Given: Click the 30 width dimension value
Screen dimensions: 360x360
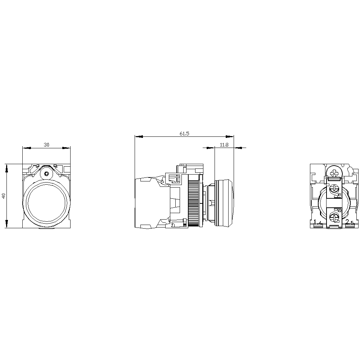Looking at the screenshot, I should (46, 145).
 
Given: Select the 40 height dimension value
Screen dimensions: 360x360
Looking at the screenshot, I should (4, 196).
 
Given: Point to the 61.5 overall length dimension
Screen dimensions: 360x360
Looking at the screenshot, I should (184, 134).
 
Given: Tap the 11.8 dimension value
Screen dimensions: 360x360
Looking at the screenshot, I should (224, 145).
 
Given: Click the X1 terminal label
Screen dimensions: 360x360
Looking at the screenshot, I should (339, 195).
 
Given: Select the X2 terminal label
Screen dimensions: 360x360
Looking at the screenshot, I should (339, 210).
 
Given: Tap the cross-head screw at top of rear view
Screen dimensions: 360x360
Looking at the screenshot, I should (335, 173).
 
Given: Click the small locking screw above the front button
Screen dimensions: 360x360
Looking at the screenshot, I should (46, 174).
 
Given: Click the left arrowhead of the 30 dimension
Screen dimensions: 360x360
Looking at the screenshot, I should (25, 148).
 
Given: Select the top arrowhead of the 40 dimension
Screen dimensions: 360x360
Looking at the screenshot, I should (6, 167).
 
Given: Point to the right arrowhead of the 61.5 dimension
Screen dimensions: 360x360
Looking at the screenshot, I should (230, 136).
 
